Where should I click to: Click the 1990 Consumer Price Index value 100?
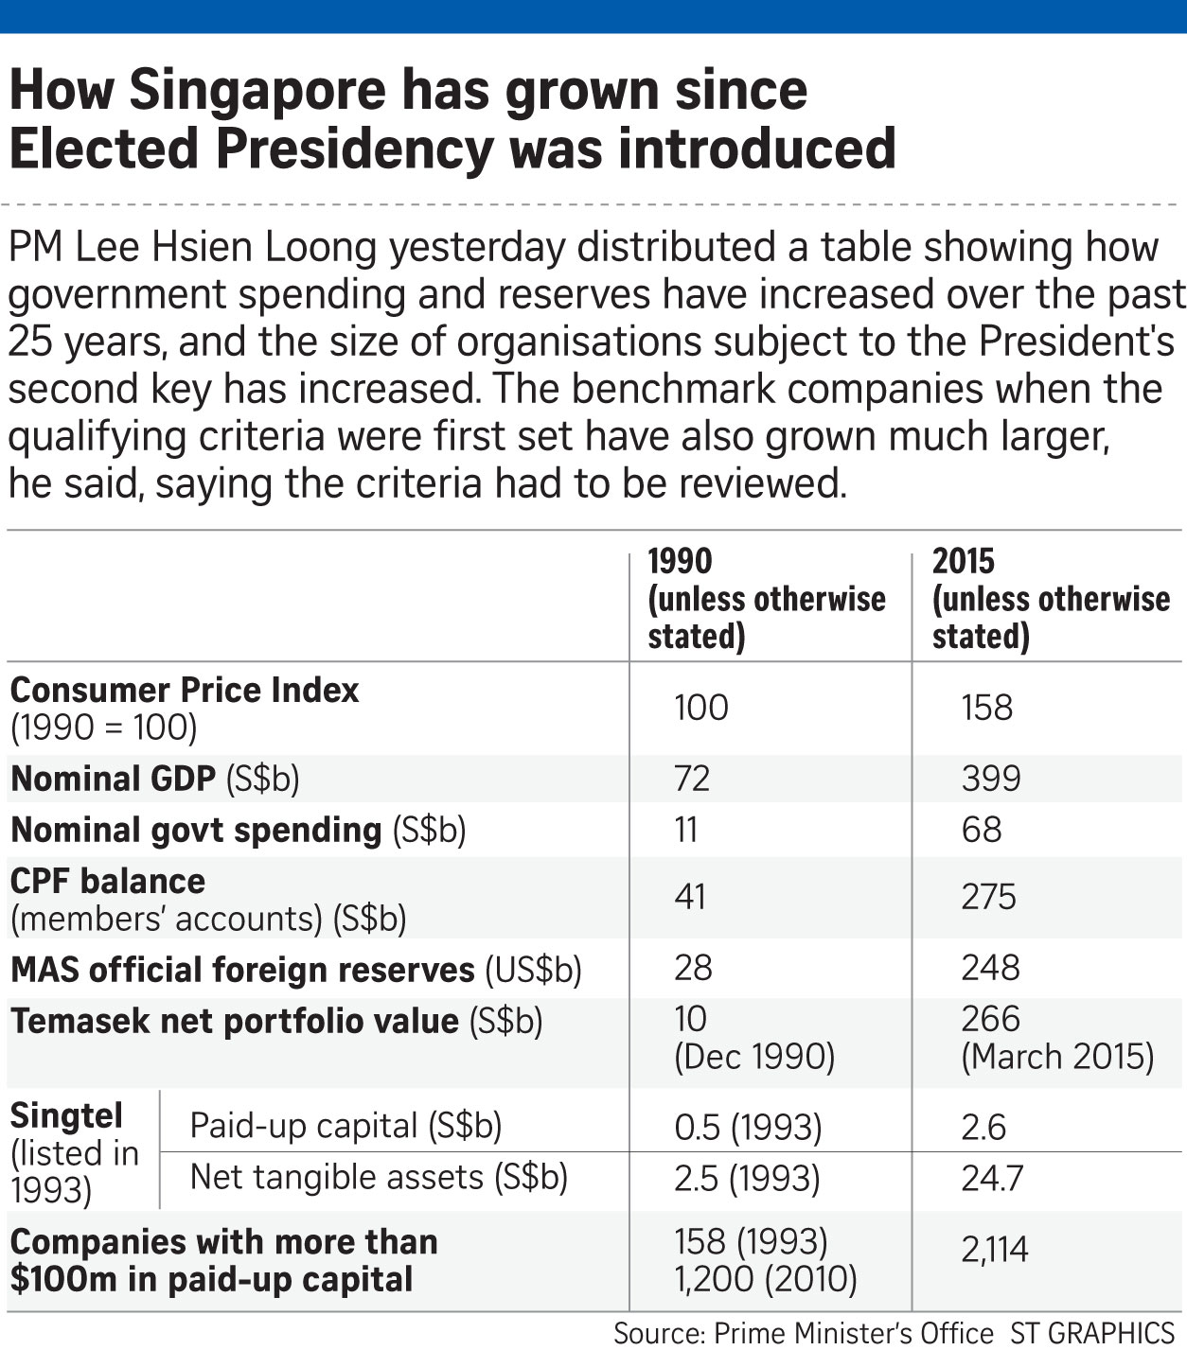701,708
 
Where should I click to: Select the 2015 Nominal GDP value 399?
991,779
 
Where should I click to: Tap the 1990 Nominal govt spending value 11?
686,830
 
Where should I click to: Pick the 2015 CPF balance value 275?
989,897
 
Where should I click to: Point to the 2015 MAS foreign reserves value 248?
991,968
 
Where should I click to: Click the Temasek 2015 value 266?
991,1019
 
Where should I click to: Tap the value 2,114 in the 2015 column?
995,1251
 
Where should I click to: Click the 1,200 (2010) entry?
766,1280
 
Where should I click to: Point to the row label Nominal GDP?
113,779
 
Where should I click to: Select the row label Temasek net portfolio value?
235,1022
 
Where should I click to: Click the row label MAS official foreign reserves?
242,971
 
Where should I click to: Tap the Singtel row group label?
66,1116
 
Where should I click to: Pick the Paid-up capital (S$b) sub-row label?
345,1126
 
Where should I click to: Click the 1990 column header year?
680,561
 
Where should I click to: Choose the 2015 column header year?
964,561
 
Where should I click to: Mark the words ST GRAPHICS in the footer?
1092,1333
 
